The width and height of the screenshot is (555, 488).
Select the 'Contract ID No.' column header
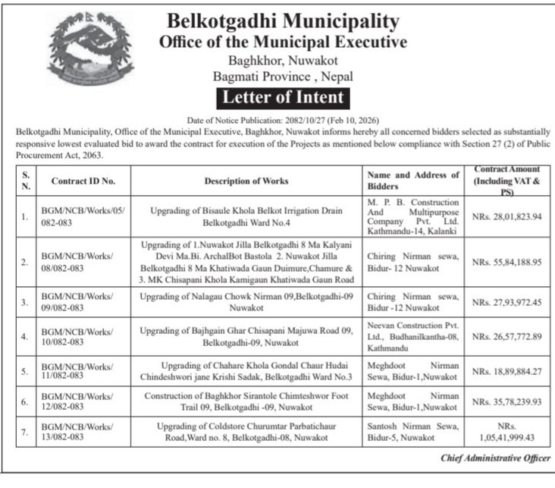(x=83, y=181)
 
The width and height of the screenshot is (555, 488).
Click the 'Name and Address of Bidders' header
(x=413, y=181)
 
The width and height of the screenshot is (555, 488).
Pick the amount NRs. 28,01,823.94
(x=506, y=217)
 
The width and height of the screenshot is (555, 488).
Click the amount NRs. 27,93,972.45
(x=506, y=303)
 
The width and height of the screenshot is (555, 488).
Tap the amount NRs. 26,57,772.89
(x=506, y=336)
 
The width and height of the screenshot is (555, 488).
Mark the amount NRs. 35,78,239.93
(x=506, y=403)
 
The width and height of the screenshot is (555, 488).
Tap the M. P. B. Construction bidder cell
(x=413, y=217)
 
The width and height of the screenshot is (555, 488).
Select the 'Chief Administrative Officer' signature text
(x=496, y=458)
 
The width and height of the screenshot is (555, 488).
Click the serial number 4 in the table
(x=25, y=336)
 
